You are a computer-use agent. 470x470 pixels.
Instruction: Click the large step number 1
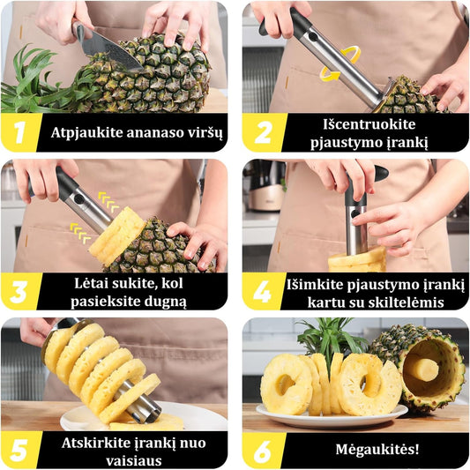(x=20, y=132)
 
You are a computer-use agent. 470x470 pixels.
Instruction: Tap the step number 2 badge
(x=263, y=132)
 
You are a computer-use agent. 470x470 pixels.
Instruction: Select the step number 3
(x=19, y=292)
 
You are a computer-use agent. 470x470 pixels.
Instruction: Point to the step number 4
(x=262, y=292)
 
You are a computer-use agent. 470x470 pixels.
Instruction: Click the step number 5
(x=19, y=451)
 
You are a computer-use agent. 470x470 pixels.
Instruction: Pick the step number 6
(x=263, y=451)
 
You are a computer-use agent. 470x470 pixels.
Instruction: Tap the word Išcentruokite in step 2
(x=369, y=124)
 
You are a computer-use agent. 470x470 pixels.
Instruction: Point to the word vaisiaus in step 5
(x=134, y=460)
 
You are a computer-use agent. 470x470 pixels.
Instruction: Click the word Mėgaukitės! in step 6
(x=377, y=450)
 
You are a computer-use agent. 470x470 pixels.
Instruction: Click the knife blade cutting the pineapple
(x=111, y=51)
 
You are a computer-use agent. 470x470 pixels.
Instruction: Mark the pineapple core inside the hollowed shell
(x=425, y=369)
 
